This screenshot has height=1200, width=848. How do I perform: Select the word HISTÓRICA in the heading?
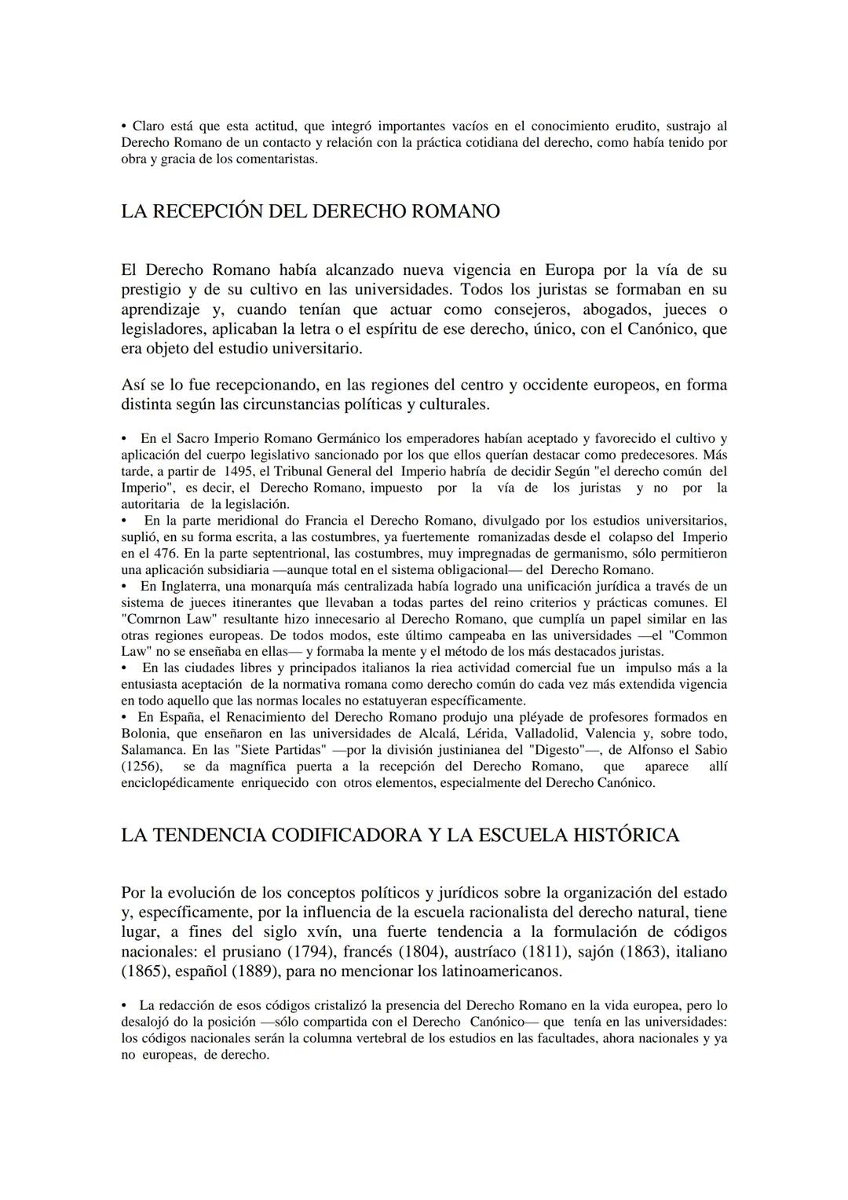618,836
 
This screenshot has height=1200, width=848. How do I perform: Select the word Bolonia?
144,734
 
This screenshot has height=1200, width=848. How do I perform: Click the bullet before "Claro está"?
124,126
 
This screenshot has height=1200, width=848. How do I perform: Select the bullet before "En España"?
125,717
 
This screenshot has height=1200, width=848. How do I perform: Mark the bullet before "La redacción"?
125,1005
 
